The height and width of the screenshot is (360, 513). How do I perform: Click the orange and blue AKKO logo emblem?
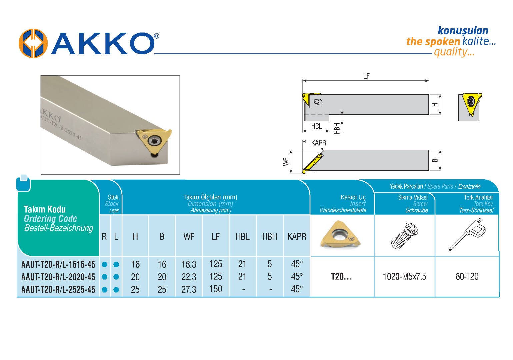[33, 43]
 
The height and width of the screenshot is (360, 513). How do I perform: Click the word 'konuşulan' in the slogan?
[463, 31]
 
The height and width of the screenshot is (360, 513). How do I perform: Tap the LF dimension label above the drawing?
[366, 76]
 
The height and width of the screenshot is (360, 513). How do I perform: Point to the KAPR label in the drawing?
[319, 143]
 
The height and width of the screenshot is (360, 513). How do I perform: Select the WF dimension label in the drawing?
[286, 162]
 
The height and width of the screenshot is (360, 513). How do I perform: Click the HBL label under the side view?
[317, 126]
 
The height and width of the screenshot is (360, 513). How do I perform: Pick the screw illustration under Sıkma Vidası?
[404, 236]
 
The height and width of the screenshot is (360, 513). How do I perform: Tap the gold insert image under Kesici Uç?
[341, 234]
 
